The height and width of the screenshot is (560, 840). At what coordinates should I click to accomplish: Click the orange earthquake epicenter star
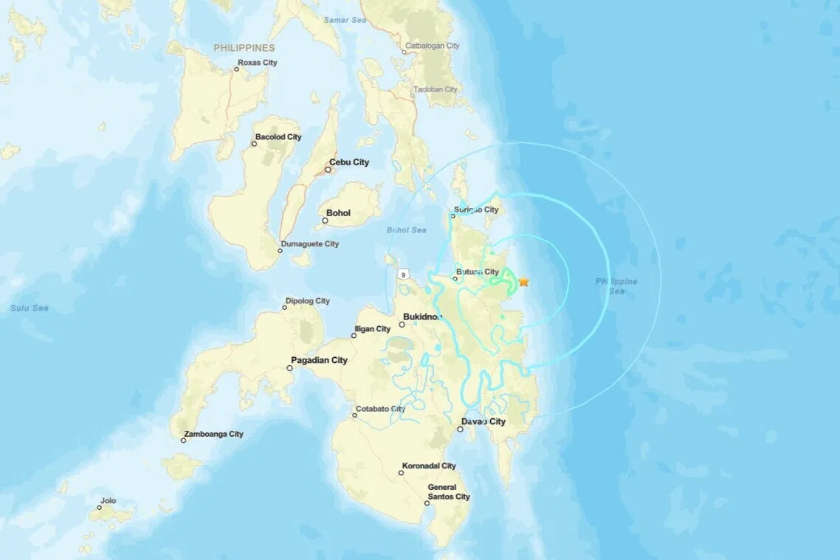coord(523,282)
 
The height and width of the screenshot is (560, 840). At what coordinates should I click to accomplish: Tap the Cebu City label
coord(349,162)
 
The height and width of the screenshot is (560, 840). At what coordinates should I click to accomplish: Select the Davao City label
coord(483,421)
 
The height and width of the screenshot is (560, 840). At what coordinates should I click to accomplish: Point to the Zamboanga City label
coord(213,434)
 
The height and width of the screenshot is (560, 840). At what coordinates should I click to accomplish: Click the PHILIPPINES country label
coord(244,48)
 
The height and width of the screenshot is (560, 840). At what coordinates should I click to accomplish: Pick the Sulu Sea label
coord(30,308)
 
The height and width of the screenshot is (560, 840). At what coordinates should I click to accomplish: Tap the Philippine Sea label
coord(616,286)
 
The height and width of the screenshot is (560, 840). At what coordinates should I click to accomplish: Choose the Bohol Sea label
coord(407,230)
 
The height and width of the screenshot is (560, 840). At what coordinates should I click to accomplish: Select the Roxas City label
coord(258,63)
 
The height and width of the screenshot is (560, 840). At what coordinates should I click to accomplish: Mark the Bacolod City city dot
coord(254,144)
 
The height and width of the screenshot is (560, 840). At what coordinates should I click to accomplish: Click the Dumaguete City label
coord(310,244)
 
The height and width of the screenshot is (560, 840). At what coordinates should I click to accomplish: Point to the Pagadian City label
coord(319,360)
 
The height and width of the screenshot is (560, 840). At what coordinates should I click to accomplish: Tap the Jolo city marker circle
coord(100,508)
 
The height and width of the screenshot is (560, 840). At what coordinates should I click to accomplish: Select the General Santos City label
coord(449,491)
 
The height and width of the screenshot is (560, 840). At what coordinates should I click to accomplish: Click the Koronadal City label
coord(429,466)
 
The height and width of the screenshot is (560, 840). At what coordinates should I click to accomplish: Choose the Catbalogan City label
coord(432,46)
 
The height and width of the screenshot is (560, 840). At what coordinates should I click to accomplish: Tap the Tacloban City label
coord(436,89)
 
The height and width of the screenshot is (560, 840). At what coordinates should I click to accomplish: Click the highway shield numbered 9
coord(404,274)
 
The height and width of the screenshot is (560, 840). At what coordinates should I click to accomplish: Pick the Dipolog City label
coord(307,301)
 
